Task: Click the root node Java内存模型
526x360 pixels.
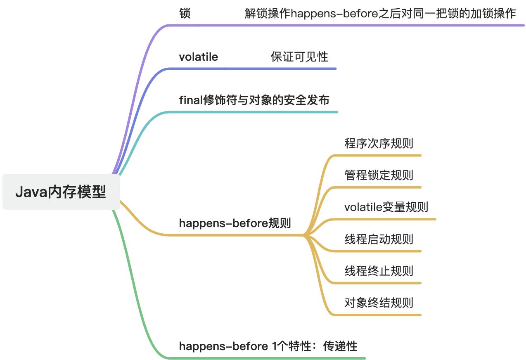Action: coord(61,192)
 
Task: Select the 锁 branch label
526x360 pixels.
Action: coord(185,13)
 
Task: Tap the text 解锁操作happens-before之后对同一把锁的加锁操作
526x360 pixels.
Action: coord(380,13)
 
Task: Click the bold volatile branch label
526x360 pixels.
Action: coord(198,57)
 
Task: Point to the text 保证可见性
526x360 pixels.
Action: coord(299,57)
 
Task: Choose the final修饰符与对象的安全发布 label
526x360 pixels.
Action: coord(254,100)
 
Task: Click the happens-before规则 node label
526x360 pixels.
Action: coord(235,223)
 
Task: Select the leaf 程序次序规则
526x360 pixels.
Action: coord(379,143)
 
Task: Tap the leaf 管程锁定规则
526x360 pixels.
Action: coord(379,175)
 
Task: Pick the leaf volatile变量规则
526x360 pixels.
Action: coord(386,206)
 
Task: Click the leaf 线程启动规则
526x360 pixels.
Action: coord(379,239)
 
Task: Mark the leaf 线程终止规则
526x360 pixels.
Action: coord(379,271)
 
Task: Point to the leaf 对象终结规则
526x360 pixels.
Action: coord(379,303)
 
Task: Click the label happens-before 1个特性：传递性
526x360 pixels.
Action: coord(268,346)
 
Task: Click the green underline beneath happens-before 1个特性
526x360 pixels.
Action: coord(264,358)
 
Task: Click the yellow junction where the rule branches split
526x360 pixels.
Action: coord(305,235)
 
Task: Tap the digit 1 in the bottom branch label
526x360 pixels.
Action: coord(275,346)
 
